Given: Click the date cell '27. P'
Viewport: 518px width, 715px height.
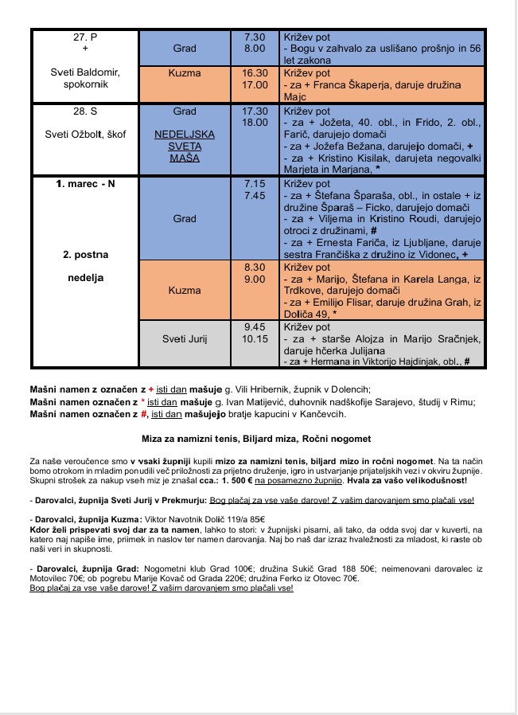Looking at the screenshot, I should click(85, 37).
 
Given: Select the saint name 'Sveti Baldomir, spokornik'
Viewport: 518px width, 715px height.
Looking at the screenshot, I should click(85, 78).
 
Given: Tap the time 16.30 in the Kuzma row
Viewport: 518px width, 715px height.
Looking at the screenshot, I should click(255, 72).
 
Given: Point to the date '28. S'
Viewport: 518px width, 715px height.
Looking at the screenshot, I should click(85, 111).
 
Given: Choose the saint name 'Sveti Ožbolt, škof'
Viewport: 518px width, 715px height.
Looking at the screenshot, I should click(85, 134).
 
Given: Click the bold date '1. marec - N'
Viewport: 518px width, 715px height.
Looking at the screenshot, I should click(85, 183).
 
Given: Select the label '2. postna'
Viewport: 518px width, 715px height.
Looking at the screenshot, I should click(85, 255).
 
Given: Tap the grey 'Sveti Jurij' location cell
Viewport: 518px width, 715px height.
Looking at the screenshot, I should click(184, 338).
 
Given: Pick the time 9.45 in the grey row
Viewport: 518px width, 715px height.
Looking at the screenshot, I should click(255, 326).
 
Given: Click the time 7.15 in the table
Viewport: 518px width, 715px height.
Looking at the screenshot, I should click(255, 183).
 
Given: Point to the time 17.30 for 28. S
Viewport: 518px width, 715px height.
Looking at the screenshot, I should click(255, 111).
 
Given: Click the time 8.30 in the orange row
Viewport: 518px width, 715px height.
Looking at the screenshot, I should click(255, 268).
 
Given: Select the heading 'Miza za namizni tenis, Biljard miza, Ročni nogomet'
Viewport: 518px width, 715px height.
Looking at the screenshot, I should click(255, 439).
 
